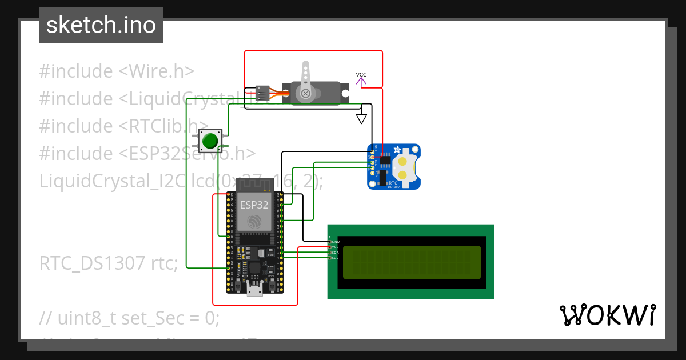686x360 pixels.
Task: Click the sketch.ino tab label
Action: [x=101, y=25]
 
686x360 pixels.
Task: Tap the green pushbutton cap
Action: [x=211, y=140]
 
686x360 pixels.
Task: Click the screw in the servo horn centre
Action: [x=306, y=93]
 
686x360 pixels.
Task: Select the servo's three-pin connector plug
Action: [x=262, y=93]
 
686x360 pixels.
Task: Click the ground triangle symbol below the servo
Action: [x=361, y=119]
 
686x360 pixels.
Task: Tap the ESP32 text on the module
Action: [x=254, y=205]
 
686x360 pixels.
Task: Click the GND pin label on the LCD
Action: [x=336, y=242]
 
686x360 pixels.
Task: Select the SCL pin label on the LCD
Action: [x=336, y=258]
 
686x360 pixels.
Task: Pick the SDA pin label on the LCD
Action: [x=336, y=252]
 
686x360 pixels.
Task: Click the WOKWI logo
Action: [x=608, y=315]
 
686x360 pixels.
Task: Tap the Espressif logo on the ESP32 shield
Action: [x=254, y=221]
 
